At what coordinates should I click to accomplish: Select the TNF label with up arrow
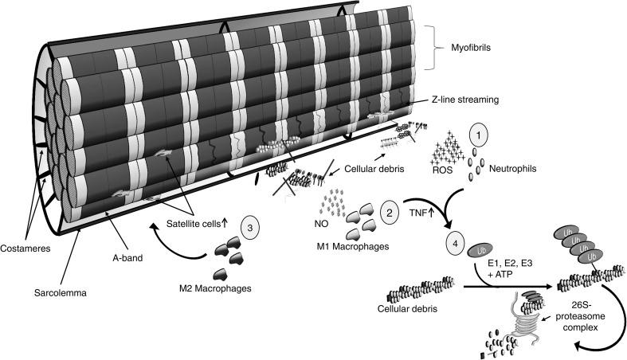point(414,213)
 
